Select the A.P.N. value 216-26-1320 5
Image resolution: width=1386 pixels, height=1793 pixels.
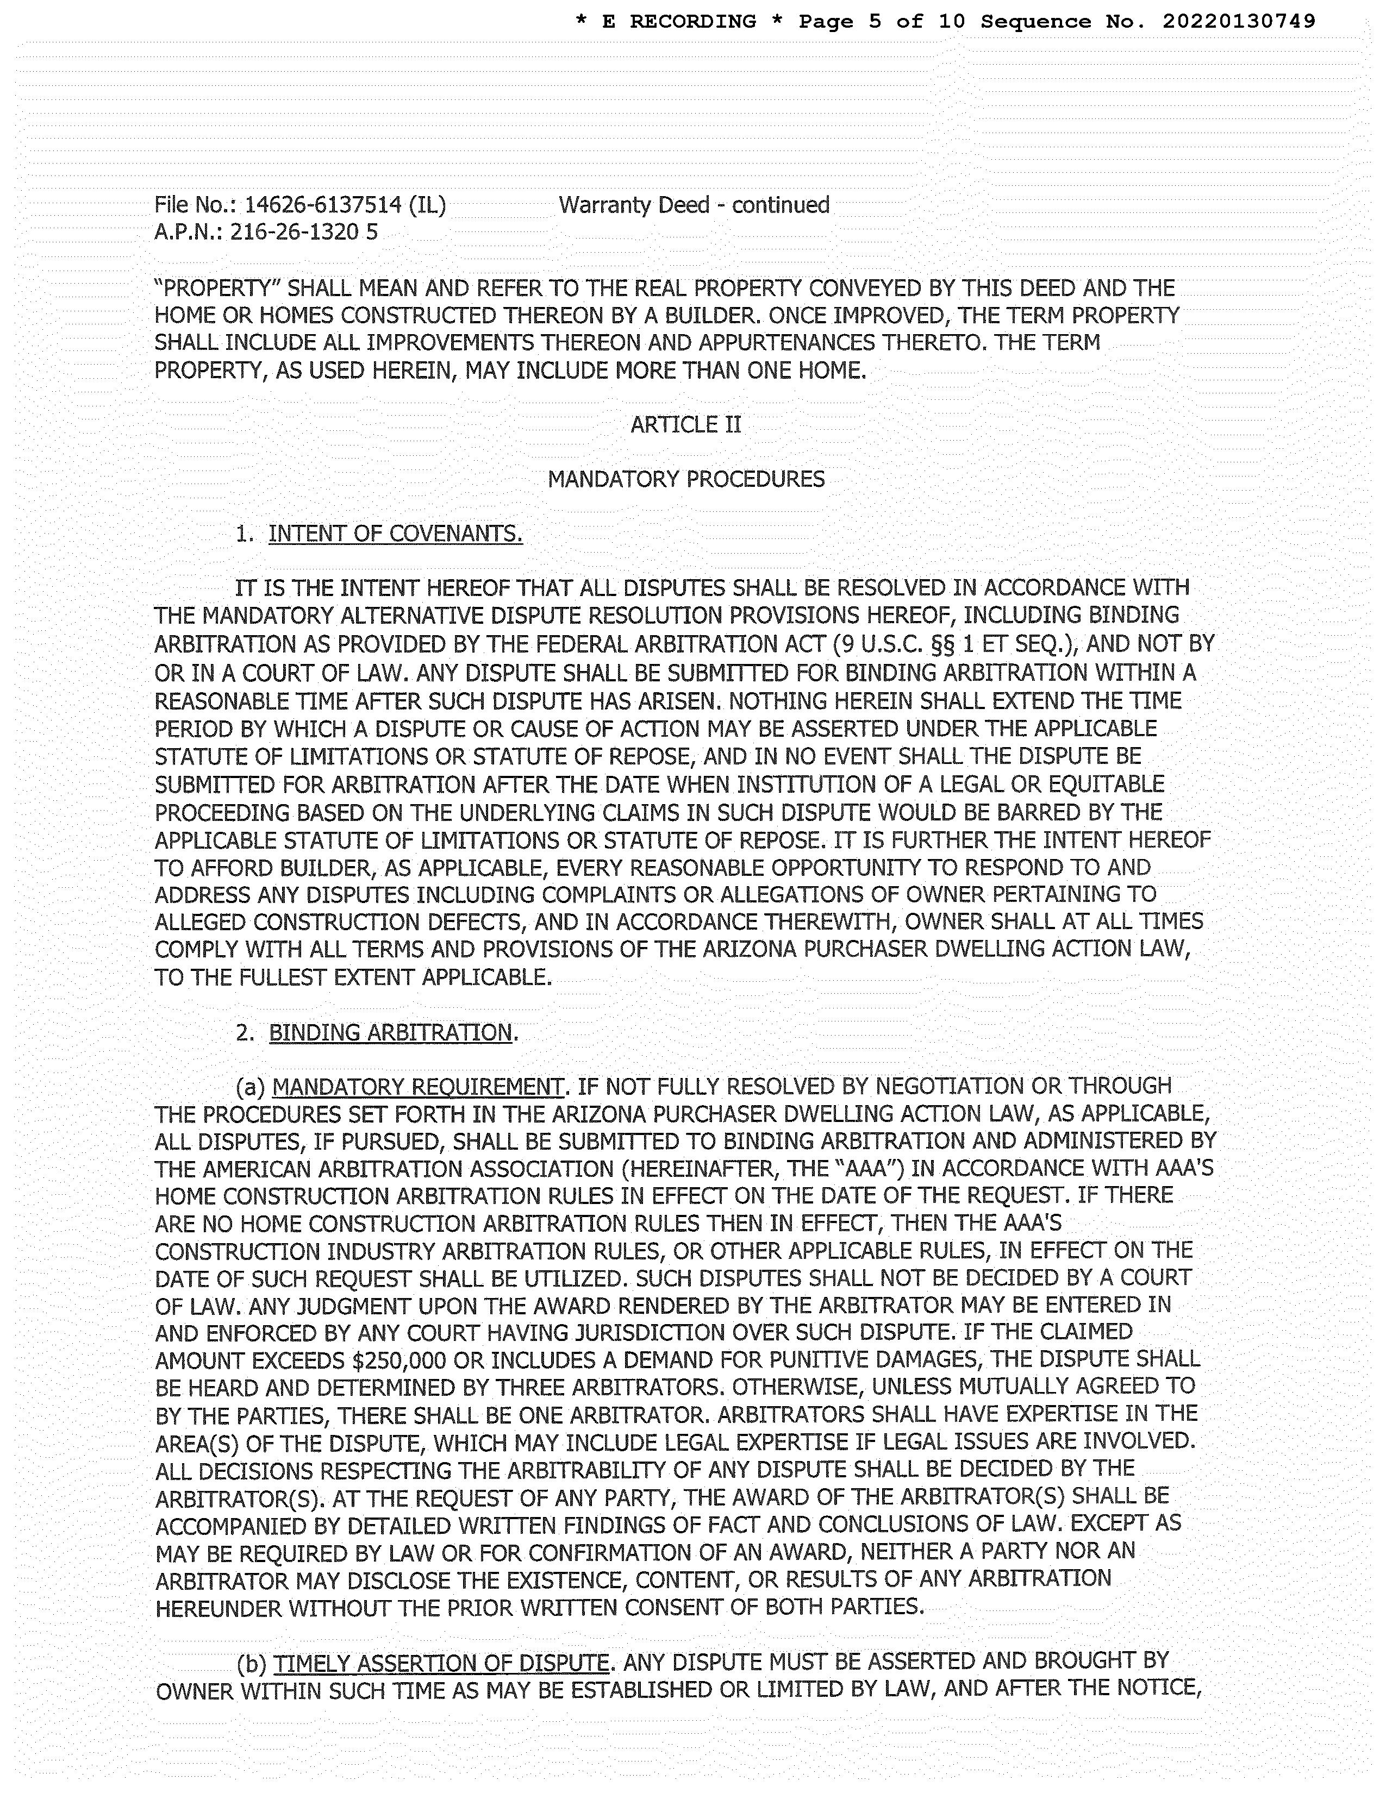[304, 233]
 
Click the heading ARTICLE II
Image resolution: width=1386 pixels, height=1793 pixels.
[685, 424]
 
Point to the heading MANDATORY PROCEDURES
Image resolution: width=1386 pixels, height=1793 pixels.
[685, 479]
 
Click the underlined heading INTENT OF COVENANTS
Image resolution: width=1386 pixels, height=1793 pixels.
[395, 535]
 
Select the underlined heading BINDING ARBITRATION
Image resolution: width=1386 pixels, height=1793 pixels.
[391, 1033]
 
